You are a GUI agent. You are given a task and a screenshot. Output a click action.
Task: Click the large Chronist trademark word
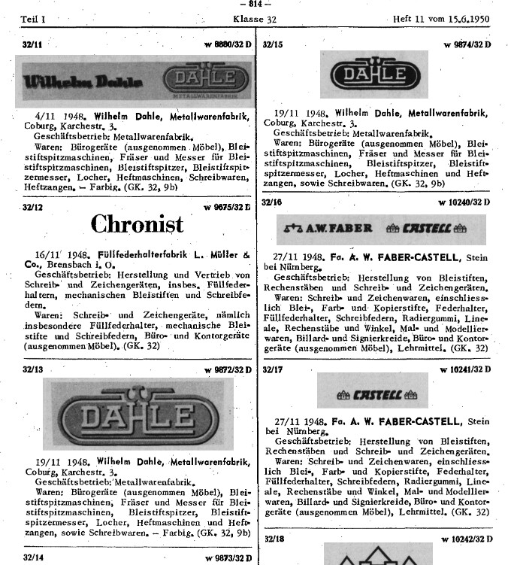137,224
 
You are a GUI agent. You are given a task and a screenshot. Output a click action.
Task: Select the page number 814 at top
253,5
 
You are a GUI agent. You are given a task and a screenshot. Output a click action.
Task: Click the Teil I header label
33,19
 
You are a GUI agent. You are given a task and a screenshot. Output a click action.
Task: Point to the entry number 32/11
32,45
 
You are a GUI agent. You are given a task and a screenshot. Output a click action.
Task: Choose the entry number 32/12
32,207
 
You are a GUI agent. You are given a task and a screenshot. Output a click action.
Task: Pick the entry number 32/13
32,369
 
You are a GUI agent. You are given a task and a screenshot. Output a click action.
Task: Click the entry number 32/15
273,45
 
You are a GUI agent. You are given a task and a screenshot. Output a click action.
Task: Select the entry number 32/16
273,202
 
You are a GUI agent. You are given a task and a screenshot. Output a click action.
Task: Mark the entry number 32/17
273,369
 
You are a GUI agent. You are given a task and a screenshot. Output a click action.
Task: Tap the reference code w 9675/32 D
228,207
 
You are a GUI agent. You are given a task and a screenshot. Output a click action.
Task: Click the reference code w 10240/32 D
464,202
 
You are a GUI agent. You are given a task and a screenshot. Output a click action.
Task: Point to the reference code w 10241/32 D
464,369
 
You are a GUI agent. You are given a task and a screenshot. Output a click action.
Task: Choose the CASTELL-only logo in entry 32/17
372,392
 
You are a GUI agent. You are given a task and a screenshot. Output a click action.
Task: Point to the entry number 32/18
273,539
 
